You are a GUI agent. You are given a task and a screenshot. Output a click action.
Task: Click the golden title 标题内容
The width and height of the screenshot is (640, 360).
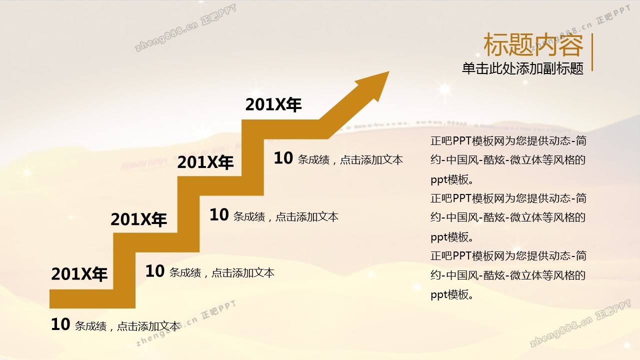(x=533, y=44)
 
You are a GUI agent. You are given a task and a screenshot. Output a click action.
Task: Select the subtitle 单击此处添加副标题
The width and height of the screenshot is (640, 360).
(x=522, y=68)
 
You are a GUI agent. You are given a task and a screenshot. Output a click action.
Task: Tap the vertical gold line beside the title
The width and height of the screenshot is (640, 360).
(x=592, y=52)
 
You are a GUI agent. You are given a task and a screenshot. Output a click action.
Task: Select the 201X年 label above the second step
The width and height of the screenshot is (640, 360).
(x=138, y=219)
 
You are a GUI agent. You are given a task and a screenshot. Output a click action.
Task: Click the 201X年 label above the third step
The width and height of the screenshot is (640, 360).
(x=205, y=162)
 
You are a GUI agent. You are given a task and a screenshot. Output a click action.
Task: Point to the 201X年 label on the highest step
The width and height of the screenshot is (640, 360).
(x=273, y=104)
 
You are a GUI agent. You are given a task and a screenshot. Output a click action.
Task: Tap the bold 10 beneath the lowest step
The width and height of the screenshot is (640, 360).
(x=60, y=324)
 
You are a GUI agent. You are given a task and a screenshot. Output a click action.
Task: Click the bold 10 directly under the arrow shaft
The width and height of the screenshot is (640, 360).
(x=283, y=158)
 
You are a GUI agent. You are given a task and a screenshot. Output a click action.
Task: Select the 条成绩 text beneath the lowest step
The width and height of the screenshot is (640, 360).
(x=91, y=326)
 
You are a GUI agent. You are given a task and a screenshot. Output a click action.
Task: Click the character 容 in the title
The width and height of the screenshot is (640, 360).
(x=571, y=45)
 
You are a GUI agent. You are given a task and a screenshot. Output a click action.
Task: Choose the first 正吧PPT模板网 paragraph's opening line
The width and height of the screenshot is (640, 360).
(x=508, y=141)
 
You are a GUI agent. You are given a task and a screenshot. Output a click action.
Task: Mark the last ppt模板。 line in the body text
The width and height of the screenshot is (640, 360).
(x=451, y=294)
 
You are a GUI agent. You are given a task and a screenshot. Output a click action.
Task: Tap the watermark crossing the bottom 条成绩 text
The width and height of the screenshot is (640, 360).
(x=185, y=323)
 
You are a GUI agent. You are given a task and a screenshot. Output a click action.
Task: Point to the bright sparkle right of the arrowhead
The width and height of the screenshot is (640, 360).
(x=444, y=89)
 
